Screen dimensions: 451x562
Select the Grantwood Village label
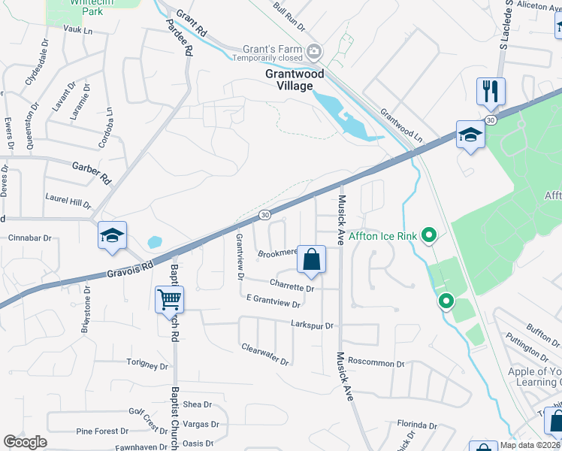(x=295, y=80)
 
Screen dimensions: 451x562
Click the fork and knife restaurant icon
(x=491, y=92)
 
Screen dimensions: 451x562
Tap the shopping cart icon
(x=170, y=300)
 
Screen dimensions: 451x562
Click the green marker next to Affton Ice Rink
(x=429, y=236)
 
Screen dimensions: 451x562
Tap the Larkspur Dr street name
(x=312, y=324)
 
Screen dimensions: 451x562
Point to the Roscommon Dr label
(x=376, y=362)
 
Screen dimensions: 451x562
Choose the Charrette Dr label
(x=292, y=287)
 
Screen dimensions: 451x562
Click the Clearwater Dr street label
(x=265, y=355)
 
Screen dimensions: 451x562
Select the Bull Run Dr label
(x=289, y=17)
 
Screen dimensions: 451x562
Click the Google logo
(x=25, y=442)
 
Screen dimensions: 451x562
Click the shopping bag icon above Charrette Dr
(x=311, y=260)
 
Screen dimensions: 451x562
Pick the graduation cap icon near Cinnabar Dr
(x=112, y=236)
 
